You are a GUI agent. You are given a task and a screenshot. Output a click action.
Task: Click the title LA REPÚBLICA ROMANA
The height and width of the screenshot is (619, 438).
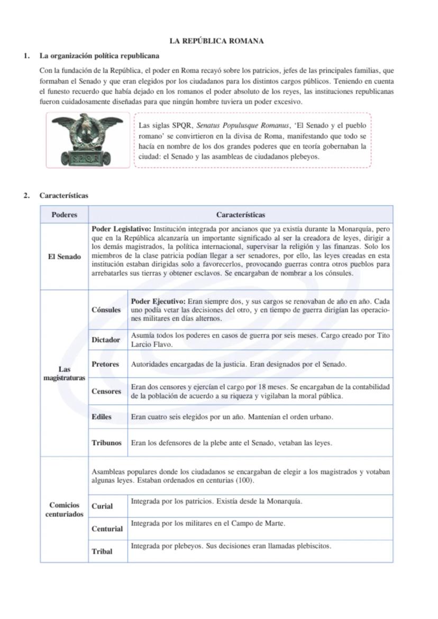(x=216, y=41)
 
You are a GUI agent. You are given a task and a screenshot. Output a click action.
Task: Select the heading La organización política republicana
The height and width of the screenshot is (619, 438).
(x=99, y=56)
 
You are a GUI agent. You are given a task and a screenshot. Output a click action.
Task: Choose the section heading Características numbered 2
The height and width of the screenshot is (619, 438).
(x=63, y=196)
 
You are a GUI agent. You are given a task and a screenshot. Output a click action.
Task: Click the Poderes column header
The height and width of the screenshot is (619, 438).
(x=64, y=215)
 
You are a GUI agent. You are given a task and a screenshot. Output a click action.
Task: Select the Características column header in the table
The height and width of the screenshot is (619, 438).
(x=241, y=215)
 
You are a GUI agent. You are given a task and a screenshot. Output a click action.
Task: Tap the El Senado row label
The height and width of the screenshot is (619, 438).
(x=64, y=257)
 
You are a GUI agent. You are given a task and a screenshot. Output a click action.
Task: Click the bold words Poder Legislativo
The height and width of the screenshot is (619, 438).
(x=122, y=229)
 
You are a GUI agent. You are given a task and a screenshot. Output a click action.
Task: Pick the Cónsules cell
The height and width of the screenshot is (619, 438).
(x=106, y=310)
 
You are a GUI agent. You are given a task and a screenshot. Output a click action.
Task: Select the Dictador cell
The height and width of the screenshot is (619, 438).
(x=106, y=340)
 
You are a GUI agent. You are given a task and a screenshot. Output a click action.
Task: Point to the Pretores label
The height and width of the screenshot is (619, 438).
(x=105, y=364)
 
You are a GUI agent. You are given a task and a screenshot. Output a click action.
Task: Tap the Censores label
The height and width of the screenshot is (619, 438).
(x=106, y=392)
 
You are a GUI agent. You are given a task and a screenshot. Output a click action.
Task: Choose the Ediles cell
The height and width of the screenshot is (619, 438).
(x=102, y=417)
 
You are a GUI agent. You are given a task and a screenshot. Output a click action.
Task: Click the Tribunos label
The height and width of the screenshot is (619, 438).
(x=106, y=443)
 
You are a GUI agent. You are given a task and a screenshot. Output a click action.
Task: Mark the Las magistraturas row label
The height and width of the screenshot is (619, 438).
(x=64, y=373)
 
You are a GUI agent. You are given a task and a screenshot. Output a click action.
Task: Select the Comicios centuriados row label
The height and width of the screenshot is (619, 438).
(x=64, y=510)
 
